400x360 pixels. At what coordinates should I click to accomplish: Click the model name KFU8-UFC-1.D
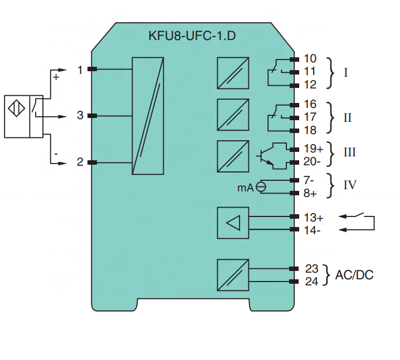pyautogui.click(x=192, y=36)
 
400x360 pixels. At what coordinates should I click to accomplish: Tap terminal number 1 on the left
pyautogui.click(x=80, y=70)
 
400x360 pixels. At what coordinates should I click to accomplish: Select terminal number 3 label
pyautogui.click(x=80, y=115)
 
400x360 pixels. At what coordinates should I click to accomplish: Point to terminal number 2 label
pyautogui.click(x=80, y=162)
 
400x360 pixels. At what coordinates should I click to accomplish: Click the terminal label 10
pyautogui.click(x=310, y=58)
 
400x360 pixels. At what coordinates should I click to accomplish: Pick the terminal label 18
pyautogui.click(x=310, y=130)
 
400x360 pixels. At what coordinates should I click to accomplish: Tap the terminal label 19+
pyautogui.click(x=314, y=149)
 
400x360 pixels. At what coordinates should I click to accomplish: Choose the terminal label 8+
pyautogui.click(x=310, y=194)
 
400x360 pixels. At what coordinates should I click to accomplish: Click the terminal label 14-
pyautogui.click(x=312, y=230)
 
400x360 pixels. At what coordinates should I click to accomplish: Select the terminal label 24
pyautogui.click(x=312, y=282)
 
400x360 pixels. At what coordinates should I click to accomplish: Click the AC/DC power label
pyautogui.click(x=354, y=275)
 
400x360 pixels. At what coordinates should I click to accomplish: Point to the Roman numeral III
pyautogui.click(x=349, y=152)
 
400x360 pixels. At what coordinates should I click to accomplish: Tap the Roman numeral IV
pyautogui.click(x=350, y=185)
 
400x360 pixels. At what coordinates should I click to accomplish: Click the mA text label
pyautogui.click(x=246, y=188)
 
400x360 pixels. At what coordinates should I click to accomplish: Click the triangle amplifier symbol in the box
pyautogui.click(x=233, y=223)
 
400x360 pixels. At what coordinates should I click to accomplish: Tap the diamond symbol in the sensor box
pyautogui.click(x=17, y=109)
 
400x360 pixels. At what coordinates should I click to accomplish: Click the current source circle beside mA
pyautogui.click(x=261, y=188)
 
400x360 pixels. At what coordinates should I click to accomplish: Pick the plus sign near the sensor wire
pyautogui.click(x=56, y=77)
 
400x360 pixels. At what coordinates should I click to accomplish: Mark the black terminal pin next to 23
pyautogui.click(x=294, y=269)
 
